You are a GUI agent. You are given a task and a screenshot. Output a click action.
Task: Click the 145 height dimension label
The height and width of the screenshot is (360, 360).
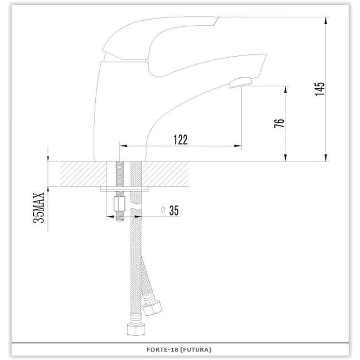pyautogui.click(x=320, y=89)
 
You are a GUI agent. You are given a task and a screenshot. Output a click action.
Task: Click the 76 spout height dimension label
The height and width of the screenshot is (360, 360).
pyautogui.click(x=279, y=123)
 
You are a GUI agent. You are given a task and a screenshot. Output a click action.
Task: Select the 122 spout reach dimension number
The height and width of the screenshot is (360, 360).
pyautogui.click(x=180, y=140)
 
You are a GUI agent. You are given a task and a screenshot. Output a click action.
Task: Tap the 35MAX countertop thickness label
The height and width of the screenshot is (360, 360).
pyautogui.click(x=39, y=207)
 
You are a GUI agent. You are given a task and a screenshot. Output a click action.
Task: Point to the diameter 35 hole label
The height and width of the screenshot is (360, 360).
pyautogui.click(x=170, y=210)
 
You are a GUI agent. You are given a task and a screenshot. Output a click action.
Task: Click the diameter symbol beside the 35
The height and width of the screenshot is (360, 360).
pyautogui.click(x=163, y=210)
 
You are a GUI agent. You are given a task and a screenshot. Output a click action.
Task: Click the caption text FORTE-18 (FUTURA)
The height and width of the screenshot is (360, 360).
pyautogui.click(x=179, y=350)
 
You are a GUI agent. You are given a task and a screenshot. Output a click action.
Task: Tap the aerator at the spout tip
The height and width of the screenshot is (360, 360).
pyautogui.click(x=241, y=83)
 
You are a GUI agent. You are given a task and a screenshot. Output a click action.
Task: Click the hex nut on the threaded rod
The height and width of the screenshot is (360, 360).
pyautogui.click(x=120, y=204)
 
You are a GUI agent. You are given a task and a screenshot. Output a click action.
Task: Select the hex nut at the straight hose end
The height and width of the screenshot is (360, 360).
pyautogui.click(x=136, y=329)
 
